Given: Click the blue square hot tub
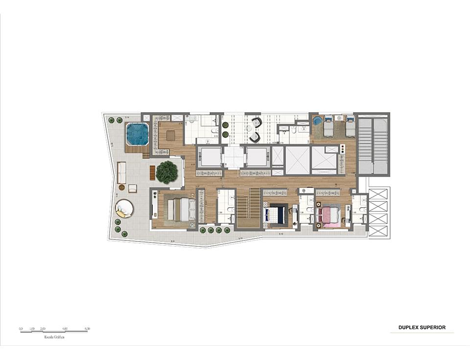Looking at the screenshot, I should click(137, 134).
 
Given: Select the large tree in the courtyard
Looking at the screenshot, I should click(167, 172).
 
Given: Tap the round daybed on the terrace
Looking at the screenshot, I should click(124, 208).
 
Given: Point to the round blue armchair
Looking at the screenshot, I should click(317, 120).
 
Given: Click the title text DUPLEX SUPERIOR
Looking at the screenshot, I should click(422, 327).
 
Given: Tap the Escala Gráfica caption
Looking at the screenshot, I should click(53, 337).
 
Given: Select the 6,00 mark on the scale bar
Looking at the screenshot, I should click(87, 329).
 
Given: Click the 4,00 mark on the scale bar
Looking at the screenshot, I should click(65, 329).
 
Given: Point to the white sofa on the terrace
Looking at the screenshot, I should click(121, 172).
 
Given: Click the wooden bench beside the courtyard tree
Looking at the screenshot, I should click(152, 172).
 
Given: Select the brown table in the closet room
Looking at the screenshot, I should click(170, 136).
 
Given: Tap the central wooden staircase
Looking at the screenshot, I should click(248, 208).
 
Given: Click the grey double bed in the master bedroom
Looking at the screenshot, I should click(181, 210).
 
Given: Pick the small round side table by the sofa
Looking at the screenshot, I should click(121, 187).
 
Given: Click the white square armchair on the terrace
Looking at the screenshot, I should click(133, 188).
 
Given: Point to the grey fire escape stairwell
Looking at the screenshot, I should click(373, 144).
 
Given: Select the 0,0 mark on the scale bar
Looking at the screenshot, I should click(21, 329).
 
